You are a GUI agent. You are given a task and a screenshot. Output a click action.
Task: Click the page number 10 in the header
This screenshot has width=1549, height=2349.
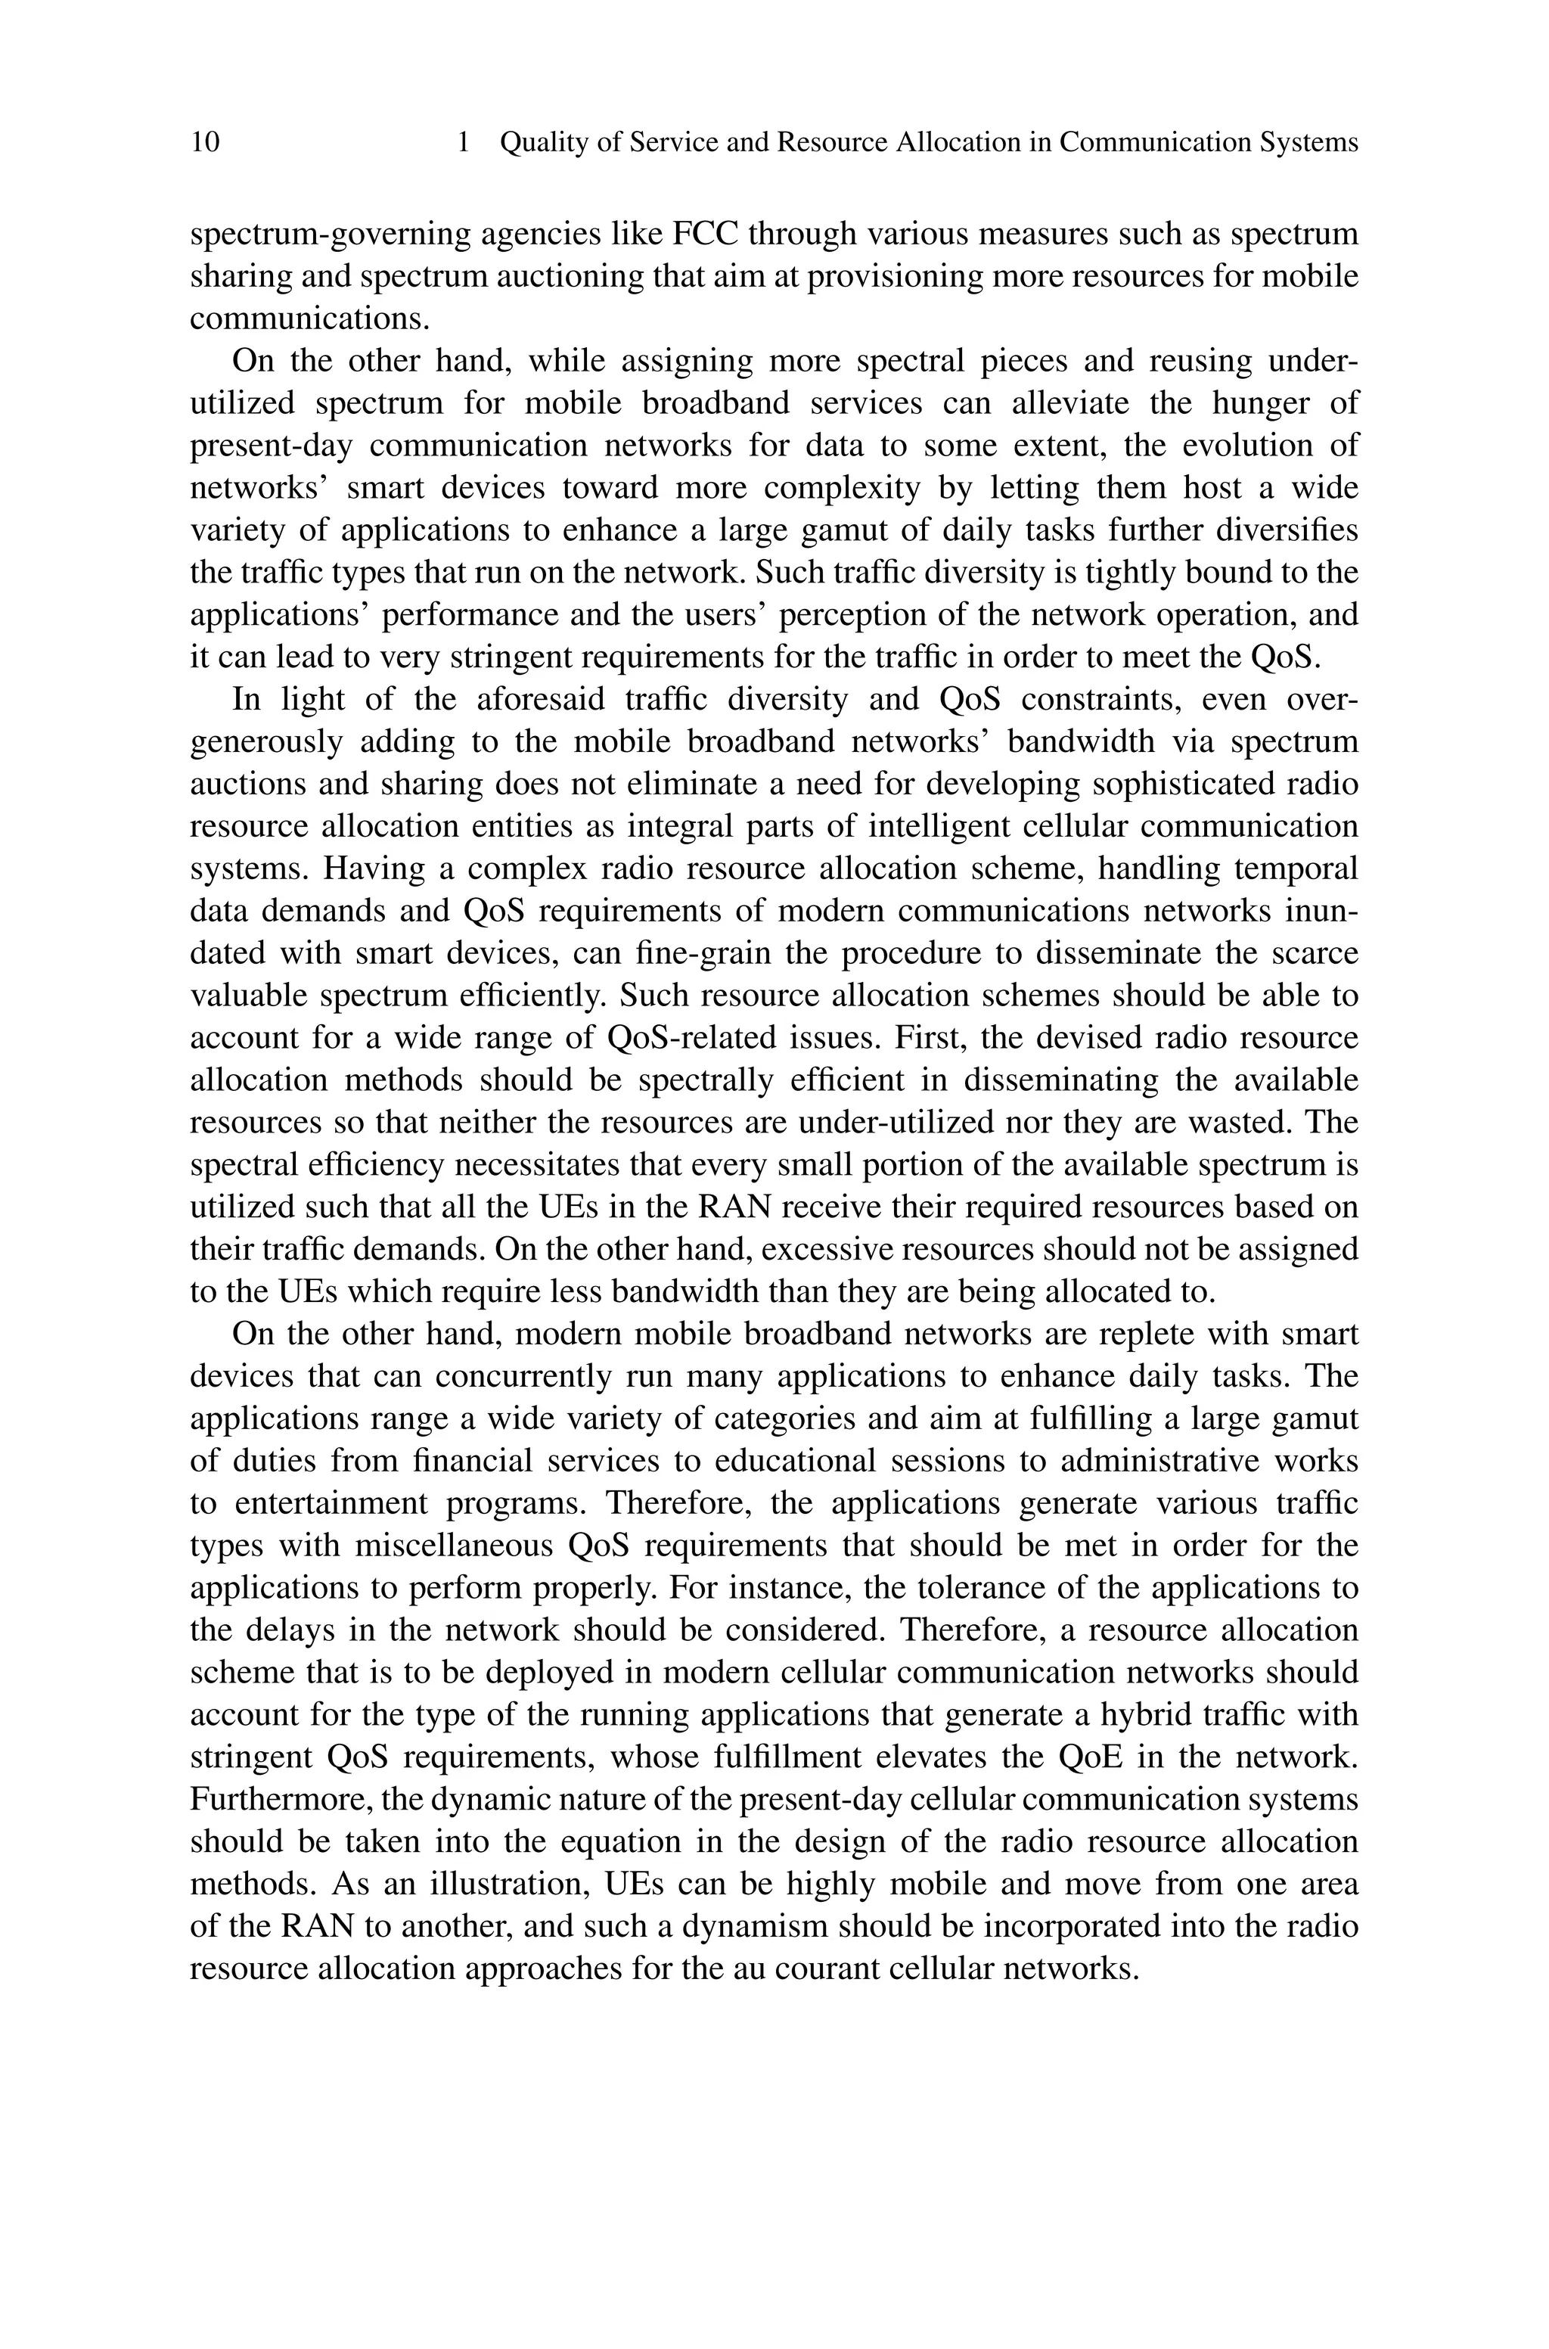tap(206, 143)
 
